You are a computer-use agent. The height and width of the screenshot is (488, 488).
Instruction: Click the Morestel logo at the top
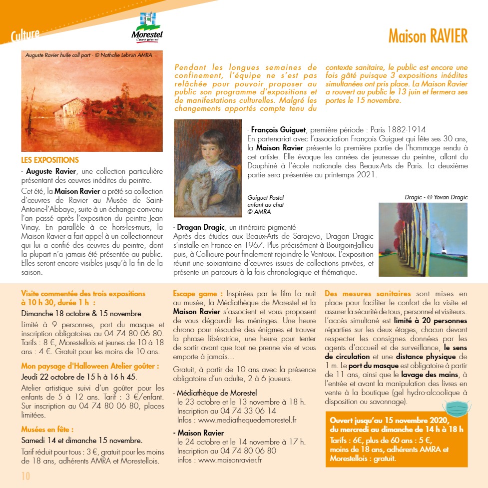(146, 27)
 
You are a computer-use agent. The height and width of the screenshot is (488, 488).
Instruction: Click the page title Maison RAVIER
(428, 36)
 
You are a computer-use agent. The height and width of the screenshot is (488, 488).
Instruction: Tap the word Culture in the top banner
(25, 35)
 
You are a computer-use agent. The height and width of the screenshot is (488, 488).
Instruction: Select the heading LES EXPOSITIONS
(50, 160)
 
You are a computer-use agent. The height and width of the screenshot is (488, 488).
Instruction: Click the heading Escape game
(198, 294)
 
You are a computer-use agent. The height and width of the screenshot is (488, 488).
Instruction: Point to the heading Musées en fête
(47, 429)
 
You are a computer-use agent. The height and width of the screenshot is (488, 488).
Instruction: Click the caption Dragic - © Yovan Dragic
(436, 197)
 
